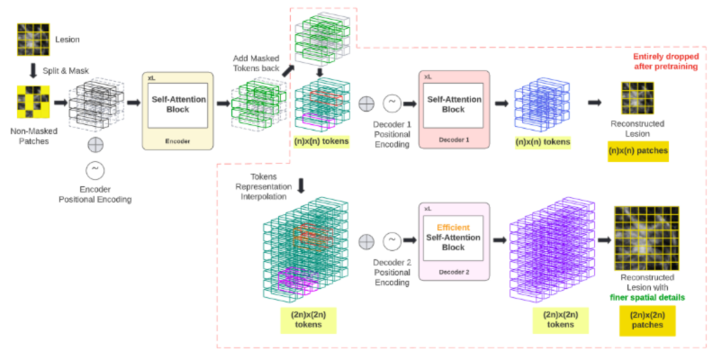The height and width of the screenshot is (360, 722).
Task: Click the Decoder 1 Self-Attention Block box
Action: tap(453, 104)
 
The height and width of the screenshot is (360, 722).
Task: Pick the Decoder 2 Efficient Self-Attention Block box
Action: tap(453, 236)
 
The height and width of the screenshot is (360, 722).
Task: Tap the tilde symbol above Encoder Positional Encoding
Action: tap(94, 170)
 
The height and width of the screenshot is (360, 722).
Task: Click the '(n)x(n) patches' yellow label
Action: tap(638, 150)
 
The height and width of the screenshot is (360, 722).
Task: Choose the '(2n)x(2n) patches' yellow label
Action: tap(645, 319)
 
